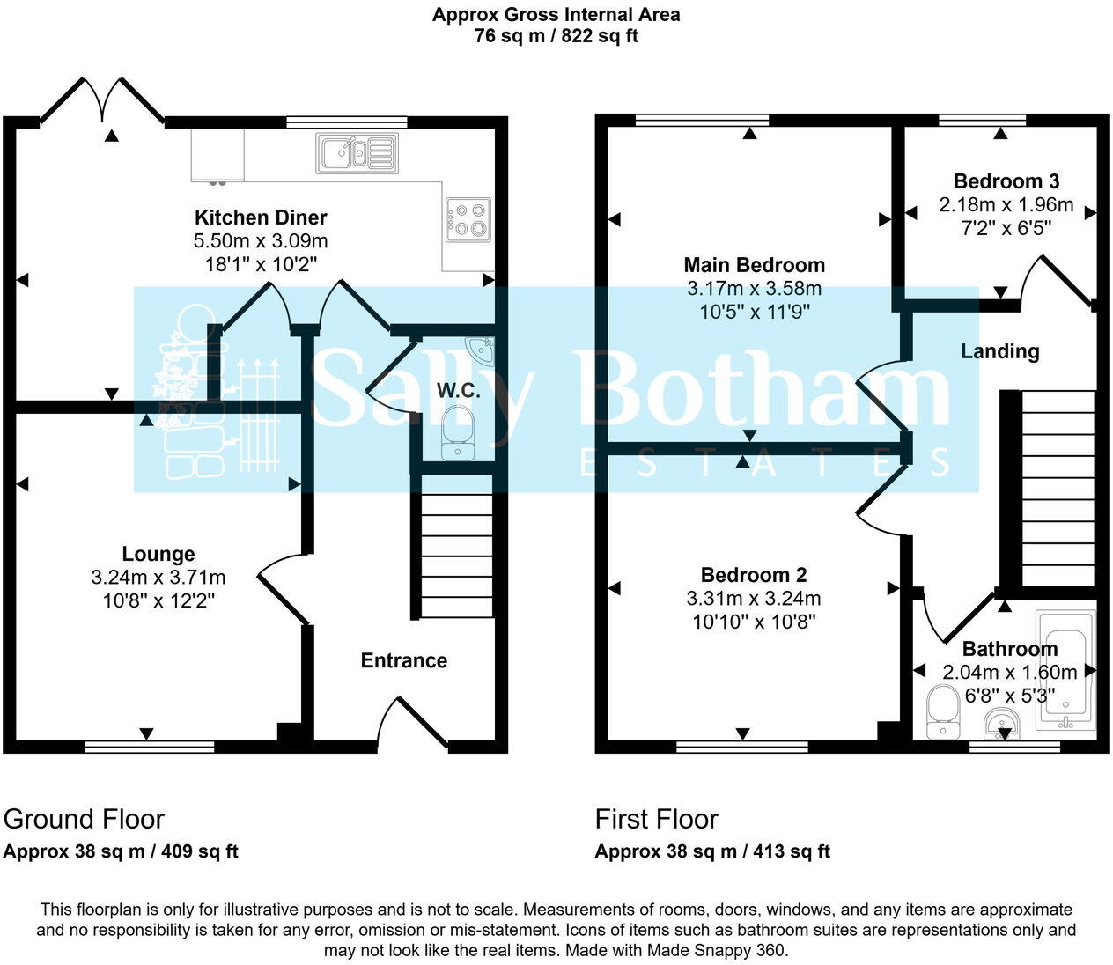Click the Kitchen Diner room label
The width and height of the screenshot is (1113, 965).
click(x=260, y=217)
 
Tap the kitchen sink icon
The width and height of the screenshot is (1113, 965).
click(x=357, y=152)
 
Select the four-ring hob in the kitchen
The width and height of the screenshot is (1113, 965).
click(x=468, y=219)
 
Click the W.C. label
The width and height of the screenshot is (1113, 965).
click(x=459, y=391)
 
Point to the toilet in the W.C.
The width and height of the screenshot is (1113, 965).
click(x=457, y=431)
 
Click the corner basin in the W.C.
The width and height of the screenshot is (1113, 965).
click(x=482, y=350)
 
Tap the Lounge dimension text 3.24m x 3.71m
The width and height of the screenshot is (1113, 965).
click(x=158, y=578)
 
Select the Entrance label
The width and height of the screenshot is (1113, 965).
click(x=403, y=660)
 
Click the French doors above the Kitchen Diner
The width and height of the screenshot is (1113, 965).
click(x=102, y=99)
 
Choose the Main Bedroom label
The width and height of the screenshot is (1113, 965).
click(x=755, y=265)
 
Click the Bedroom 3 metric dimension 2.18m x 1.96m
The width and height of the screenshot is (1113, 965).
click(x=1006, y=205)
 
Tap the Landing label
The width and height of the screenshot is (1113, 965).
click(x=999, y=351)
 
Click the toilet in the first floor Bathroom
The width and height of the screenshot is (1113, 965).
click(x=942, y=712)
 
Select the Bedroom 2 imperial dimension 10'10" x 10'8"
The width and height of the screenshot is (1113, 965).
click(x=754, y=622)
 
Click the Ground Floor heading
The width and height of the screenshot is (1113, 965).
click(x=84, y=819)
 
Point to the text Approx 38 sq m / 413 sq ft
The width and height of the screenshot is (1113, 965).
click(x=712, y=851)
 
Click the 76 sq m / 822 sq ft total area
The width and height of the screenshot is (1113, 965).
click(x=556, y=36)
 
